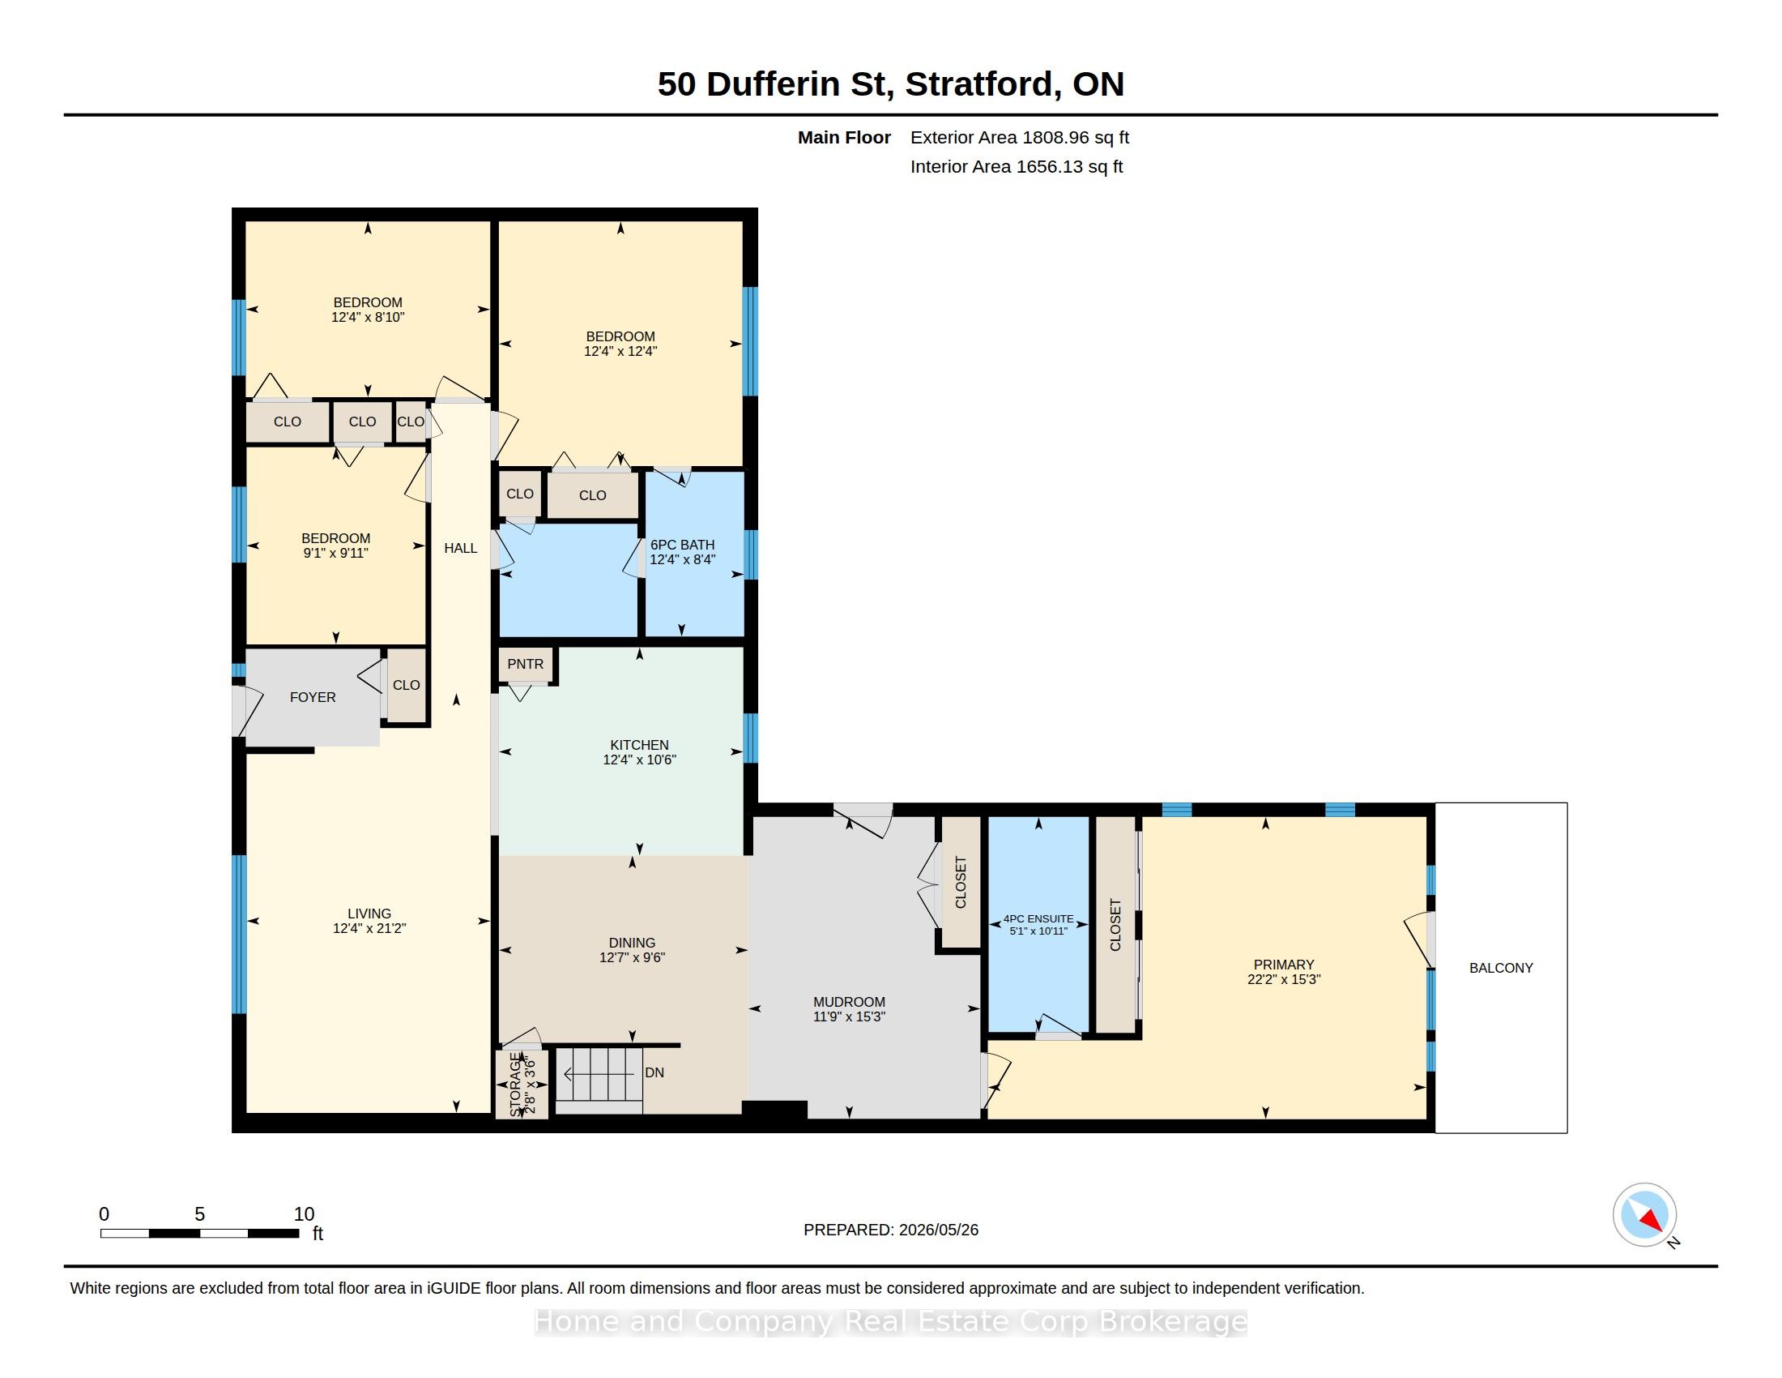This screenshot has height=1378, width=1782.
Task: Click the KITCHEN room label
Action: tap(639, 744)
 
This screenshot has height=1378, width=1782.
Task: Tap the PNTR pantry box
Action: tap(526, 665)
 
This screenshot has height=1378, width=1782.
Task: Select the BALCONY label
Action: tap(1500, 967)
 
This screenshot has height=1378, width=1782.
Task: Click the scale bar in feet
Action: tap(199, 1233)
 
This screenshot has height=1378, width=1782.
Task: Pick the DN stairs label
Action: tap(654, 1072)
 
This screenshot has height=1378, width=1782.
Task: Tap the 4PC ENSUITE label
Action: tap(1038, 918)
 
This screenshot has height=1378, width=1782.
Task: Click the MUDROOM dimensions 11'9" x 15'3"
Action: tap(849, 1016)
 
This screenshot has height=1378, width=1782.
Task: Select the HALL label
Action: tap(460, 548)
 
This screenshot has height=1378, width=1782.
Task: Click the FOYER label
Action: tap(313, 696)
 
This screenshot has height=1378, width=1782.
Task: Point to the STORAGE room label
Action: tap(515, 1085)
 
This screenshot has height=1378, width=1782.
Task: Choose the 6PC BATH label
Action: tap(682, 545)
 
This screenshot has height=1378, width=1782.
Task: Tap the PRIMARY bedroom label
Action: tap(1284, 964)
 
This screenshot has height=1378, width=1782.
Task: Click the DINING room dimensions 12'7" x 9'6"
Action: tap(632, 956)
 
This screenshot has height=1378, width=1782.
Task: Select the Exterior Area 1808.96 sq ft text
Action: tap(1019, 137)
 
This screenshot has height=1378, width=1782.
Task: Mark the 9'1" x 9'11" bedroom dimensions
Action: tap(335, 553)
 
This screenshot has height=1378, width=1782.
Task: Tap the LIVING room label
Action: tap(369, 914)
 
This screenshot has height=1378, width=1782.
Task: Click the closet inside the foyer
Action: tap(407, 685)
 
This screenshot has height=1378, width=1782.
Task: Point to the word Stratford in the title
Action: tap(979, 84)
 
